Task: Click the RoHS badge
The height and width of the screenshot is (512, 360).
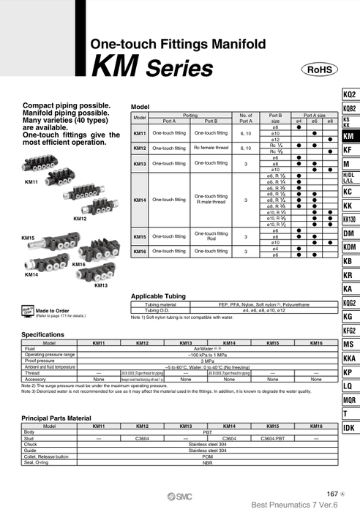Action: (x=319, y=69)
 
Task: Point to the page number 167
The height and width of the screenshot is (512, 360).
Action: (x=332, y=494)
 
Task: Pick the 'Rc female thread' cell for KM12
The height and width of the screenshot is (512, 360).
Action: (x=211, y=148)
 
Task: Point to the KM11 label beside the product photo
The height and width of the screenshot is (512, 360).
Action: (x=31, y=181)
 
